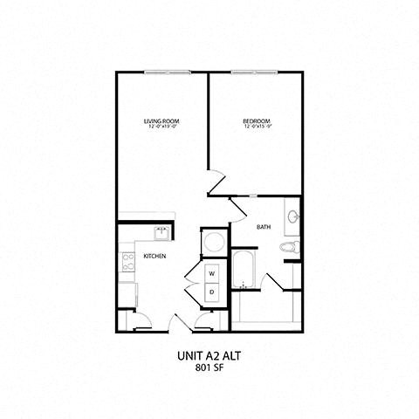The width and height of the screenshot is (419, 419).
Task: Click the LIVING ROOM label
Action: click(x=162, y=120)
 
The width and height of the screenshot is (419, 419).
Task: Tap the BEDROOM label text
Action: click(x=257, y=120)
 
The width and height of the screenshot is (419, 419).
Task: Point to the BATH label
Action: click(x=263, y=228)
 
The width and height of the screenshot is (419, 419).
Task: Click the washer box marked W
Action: click(x=212, y=271)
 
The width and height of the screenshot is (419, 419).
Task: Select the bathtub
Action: click(x=243, y=269)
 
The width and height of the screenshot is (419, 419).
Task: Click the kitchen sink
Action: click(x=161, y=232)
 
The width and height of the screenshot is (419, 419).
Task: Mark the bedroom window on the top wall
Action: click(x=256, y=73)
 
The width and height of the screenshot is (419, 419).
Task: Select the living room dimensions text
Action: click(x=162, y=127)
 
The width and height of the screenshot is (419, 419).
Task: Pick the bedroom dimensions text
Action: click(x=257, y=127)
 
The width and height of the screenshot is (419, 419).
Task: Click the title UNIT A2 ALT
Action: click(x=209, y=355)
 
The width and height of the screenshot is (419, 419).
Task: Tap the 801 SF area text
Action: click(x=209, y=367)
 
